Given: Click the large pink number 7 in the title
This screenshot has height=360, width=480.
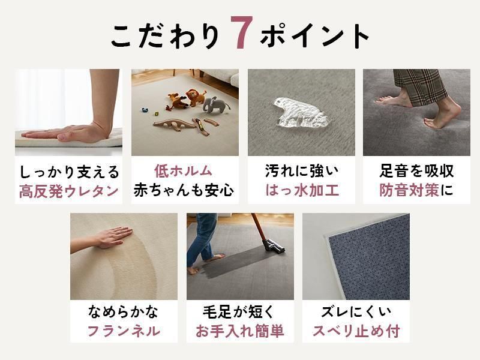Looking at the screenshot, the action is click(x=242, y=32).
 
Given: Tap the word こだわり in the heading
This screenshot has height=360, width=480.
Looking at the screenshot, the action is click(x=166, y=36).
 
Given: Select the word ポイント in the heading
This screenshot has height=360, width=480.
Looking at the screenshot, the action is click(x=315, y=36).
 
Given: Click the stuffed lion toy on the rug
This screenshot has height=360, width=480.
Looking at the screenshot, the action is click(x=196, y=97).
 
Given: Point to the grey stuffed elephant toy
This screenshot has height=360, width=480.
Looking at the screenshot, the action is click(x=216, y=105).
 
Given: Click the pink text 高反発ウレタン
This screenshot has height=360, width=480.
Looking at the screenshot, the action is click(x=69, y=191).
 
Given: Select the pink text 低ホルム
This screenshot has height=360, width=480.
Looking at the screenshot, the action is click(x=183, y=171).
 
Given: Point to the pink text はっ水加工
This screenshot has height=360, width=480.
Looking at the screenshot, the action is click(x=302, y=190).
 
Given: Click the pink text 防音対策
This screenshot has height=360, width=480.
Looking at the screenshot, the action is click(x=409, y=190).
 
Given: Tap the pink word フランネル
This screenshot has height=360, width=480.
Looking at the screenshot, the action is click(x=124, y=331).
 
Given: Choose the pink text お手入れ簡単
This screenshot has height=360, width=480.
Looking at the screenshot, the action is click(x=240, y=331).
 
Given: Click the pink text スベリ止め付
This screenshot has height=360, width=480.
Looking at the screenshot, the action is click(x=356, y=331).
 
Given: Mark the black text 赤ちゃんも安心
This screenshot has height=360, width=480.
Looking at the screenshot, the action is click(x=184, y=190).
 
